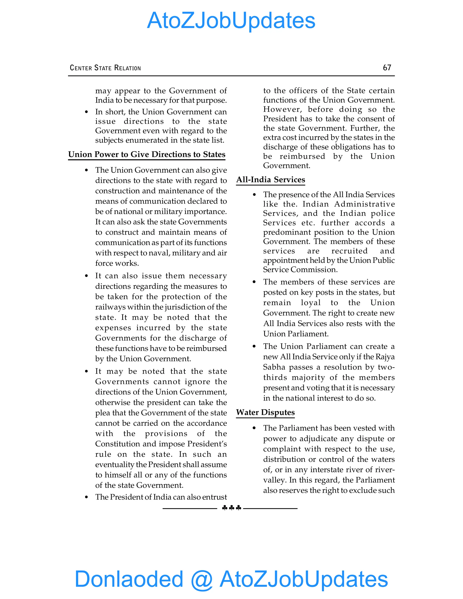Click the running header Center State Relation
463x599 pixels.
[105, 68]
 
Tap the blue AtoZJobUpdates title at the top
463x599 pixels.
[231, 21]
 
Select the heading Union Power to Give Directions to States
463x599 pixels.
[147, 154]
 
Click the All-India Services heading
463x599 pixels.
[270, 180]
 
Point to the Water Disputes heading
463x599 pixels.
[265, 412]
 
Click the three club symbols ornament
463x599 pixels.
[231, 508]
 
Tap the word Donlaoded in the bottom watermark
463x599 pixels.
[129, 579]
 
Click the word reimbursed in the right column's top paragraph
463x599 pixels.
[302, 156]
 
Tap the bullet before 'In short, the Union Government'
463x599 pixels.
[86, 112]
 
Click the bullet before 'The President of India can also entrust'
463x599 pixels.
[86, 497]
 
